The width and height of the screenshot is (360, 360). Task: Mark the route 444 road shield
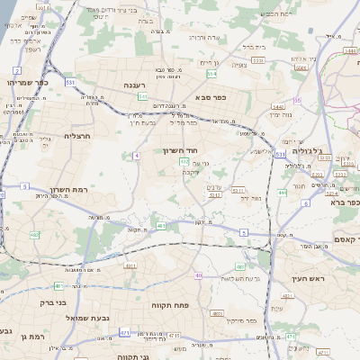[x=282, y=192]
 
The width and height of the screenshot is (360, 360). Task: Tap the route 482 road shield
[x=34, y=234]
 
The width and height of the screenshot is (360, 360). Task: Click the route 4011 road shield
[x=130, y=266]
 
